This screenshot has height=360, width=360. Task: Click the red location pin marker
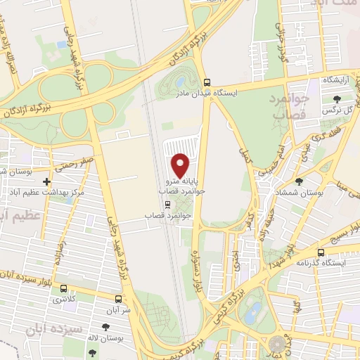coord(181,165)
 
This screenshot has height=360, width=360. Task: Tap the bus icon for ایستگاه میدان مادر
coord(206,81)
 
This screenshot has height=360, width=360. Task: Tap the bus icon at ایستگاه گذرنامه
coord(321,252)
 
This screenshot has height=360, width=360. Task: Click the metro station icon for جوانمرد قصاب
coord(167,205)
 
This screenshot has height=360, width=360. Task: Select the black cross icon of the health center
coord(46,181)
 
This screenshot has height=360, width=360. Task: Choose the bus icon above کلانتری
coord(64,288)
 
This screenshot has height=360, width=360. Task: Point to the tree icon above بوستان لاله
coord(105,326)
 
